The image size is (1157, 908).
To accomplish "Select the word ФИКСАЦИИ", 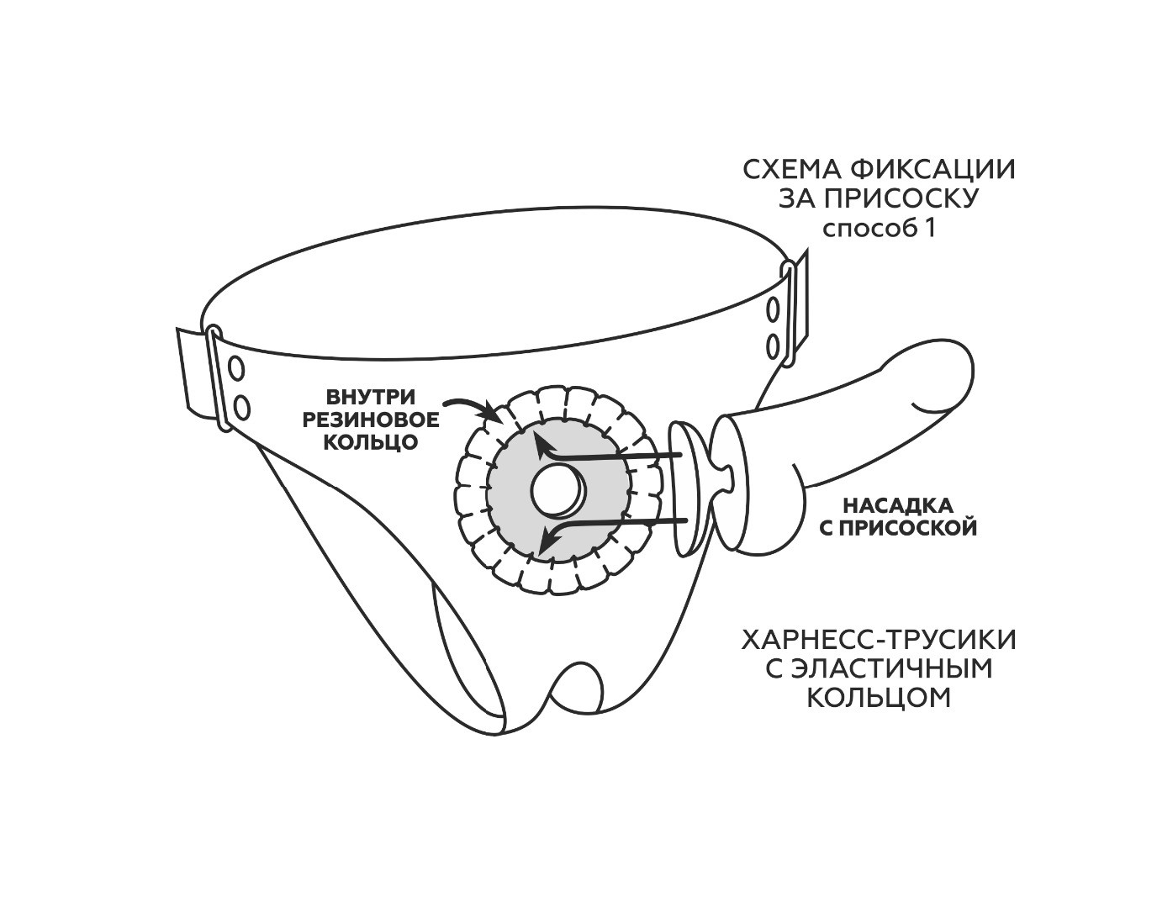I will coord(932,170).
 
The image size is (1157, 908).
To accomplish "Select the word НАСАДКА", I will coord(897,506).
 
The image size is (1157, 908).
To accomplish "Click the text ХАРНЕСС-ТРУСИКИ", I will coord(879,641).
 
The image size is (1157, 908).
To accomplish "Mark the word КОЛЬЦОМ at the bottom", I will coord(879,698).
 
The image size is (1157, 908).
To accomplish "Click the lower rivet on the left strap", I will coord(242,408).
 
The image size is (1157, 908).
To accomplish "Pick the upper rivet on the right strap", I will coord(771,309).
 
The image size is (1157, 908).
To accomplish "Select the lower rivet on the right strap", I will coord(771,346).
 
